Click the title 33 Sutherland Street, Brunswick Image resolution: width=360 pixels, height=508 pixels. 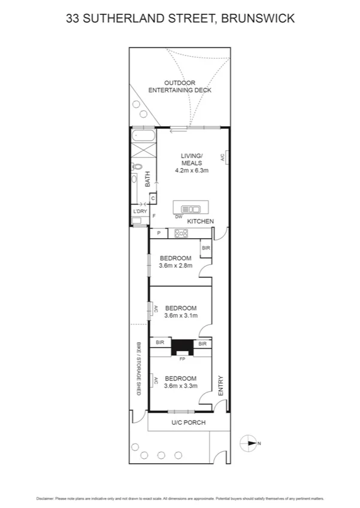[x=180, y=19]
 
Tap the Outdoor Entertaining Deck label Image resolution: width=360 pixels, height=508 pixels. [x=180, y=86]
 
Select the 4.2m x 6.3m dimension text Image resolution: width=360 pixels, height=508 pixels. [x=192, y=171]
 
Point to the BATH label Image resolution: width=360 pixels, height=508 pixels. [x=147, y=179]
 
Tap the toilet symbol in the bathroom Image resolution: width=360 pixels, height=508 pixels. [x=137, y=167]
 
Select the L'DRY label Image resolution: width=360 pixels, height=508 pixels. [x=140, y=211]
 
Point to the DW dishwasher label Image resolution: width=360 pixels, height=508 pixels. [x=179, y=217]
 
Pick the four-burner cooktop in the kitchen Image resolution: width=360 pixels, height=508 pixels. [x=180, y=233]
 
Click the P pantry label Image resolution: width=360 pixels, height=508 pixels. [x=159, y=233]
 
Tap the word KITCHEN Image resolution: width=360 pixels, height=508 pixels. [x=200, y=221]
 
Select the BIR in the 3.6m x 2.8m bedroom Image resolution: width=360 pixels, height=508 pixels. [x=206, y=248]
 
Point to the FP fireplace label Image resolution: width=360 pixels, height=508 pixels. [x=181, y=359]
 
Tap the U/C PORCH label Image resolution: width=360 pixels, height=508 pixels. [x=188, y=422]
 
